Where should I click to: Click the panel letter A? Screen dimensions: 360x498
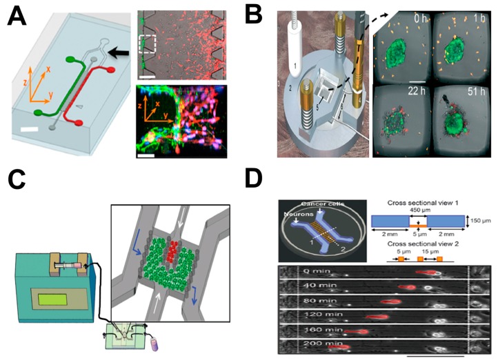pyautogui.click(x=19, y=15)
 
